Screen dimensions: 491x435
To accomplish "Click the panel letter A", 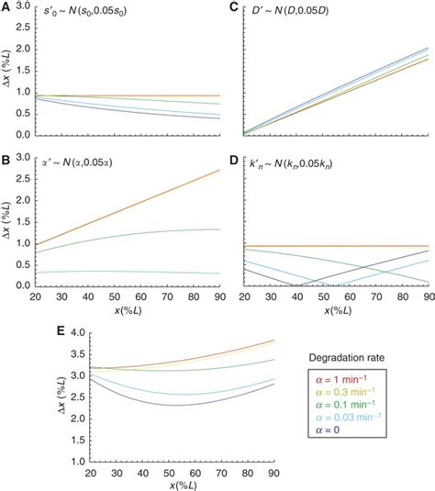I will pos(6,6).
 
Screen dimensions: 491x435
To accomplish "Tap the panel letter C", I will pos(233,6).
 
